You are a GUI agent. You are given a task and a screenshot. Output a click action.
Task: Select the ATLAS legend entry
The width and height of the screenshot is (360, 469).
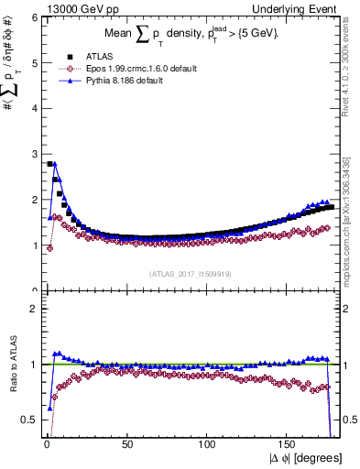(102, 57)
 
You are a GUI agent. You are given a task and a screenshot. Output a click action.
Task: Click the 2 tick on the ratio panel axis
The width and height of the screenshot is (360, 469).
(33, 309)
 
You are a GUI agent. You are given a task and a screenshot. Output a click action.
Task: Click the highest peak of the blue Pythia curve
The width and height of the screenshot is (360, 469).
(55, 164)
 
